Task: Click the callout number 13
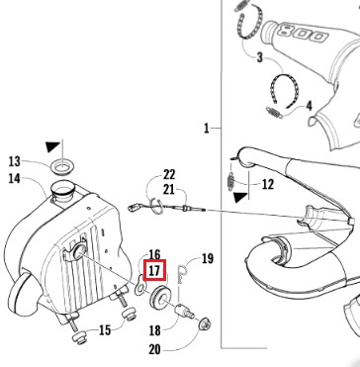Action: (15, 161)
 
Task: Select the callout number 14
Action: (15, 179)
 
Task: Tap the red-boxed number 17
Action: (154, 271)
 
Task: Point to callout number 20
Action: (154, 349)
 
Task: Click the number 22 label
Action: (169, 174)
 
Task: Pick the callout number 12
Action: (267, 184)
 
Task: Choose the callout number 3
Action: (260, 57)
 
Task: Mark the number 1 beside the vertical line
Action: (207, 128)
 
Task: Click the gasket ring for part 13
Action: (62, 166)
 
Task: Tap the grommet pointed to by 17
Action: (159, 298)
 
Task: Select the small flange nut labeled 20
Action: (205, 324)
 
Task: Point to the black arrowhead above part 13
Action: (53, 146)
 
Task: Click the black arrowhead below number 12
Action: (241, 197)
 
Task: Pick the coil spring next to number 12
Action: (231, 181)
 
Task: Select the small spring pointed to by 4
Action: (274, 112)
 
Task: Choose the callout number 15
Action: (105, 329)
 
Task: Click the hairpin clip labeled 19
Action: (182, 273)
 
